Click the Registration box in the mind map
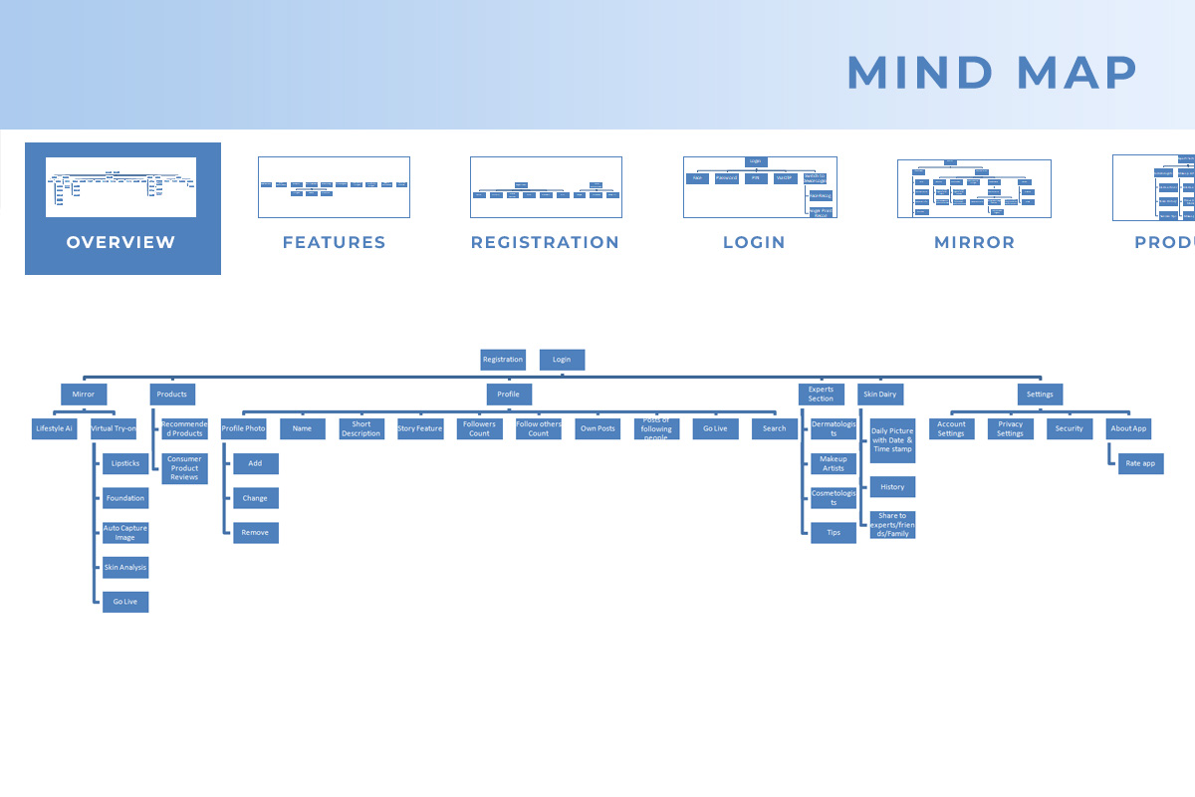[503, 360]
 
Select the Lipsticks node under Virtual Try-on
[125, 463]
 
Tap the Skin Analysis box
[125, 568]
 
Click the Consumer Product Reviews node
[184, 468]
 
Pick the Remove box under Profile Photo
[255, 533]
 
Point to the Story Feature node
[420, 429]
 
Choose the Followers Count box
[479, 429]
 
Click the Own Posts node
[597, 429]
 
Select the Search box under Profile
[774, 429]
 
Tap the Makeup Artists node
[833, 463]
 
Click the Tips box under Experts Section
[833, 533]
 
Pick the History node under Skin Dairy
[892, 487]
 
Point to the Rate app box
[1140, 463]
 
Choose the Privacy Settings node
[1010, 429]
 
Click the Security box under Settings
[1069, 429]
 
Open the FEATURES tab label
[334, 242]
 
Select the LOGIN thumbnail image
[760, 186]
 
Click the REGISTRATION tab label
[545, 242]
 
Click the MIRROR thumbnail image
[974, 188]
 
